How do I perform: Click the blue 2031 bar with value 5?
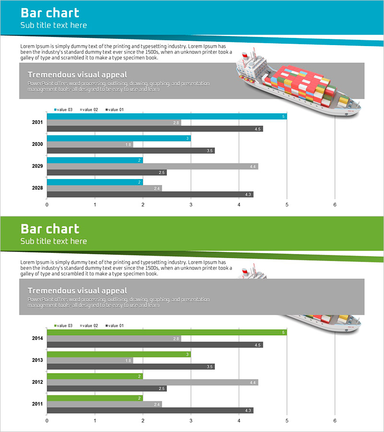167,116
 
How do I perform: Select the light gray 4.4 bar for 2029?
152,167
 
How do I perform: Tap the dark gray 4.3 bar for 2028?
150,194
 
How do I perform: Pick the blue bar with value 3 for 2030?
119,138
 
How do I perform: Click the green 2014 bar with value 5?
167,332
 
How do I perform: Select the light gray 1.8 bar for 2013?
90,360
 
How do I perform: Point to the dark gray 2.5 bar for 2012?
107,388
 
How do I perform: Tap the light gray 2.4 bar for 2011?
104,404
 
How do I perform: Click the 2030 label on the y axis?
37,144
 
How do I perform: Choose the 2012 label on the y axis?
37,382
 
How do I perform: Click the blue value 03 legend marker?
55,110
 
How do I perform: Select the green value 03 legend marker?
55,326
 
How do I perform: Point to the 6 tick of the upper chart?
335,205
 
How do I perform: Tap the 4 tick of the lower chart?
239,421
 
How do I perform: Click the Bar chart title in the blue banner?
50,13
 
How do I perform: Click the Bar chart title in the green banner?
50,229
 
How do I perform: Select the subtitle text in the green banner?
53,241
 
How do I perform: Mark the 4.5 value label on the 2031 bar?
258,129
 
